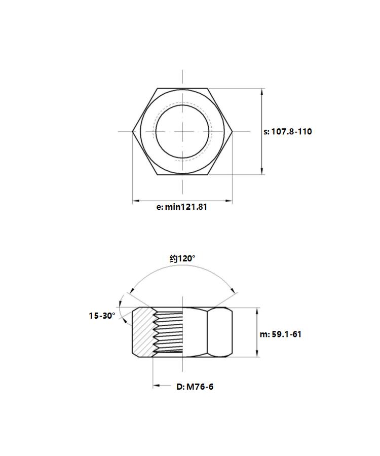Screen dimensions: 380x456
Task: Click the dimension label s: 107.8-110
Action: click(287, 131)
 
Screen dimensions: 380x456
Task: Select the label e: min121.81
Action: click(182, 207)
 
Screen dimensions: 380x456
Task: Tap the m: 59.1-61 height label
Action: click(280, 334)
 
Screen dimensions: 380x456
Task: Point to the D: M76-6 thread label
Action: click(195, 387)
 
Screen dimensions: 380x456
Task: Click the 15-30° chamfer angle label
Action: click(102, 316)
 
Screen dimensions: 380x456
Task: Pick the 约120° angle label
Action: click(182, 258)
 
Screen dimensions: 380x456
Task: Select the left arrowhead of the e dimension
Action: click(136, 200)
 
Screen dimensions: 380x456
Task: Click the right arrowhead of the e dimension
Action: click(229, 200)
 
